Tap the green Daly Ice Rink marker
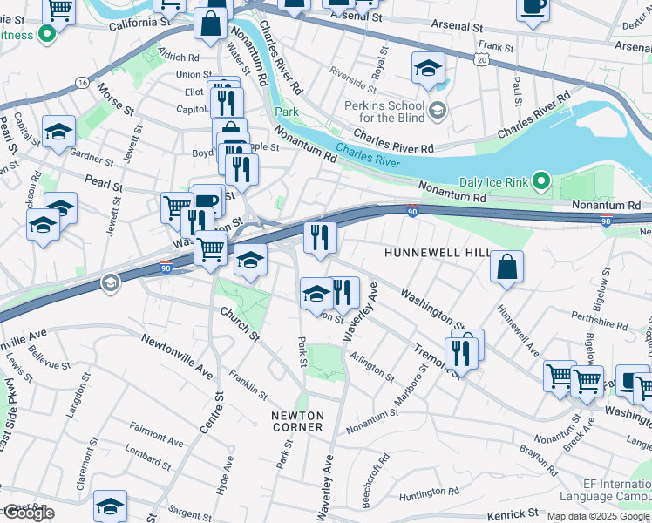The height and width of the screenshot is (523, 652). pyautogui.click(x=541, y=182)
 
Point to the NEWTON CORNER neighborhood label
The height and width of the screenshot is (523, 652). pyautogui.click(x=297, y=421)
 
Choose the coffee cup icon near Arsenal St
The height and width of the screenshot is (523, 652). pyautogui.click(x=533, y=8)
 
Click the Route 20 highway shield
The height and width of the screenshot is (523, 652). pyautogui.click(x=482, y=59)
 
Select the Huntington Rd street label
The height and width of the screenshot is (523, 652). pyautogui.click(x=428, y=495)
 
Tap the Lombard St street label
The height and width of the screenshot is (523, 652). pyautogui.click(x=148, y=453)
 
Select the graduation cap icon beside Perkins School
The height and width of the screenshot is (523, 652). pyautogui.click(x=428, y=69)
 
